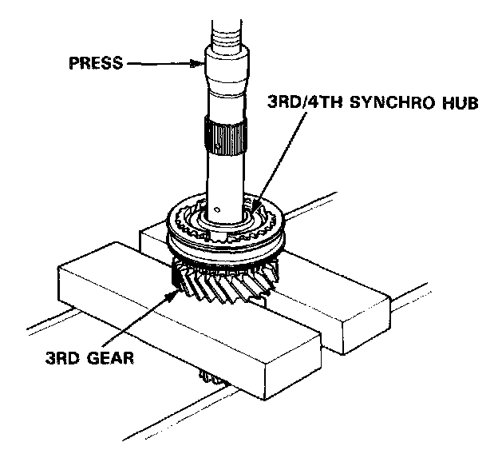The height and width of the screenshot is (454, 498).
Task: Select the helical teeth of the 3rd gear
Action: pos(223,284)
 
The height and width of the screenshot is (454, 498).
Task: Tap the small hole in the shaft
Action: pos(230,209)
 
